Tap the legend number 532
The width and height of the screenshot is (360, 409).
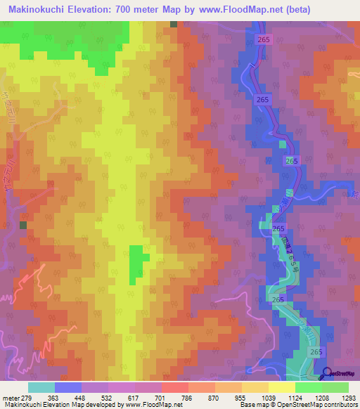[x=109, y=398]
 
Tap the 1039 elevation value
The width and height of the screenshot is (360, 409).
[x=268, y=398]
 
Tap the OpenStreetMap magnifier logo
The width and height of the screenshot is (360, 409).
[x=328, y=373]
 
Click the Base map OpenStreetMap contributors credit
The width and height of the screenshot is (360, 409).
[x=299, y=405]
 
